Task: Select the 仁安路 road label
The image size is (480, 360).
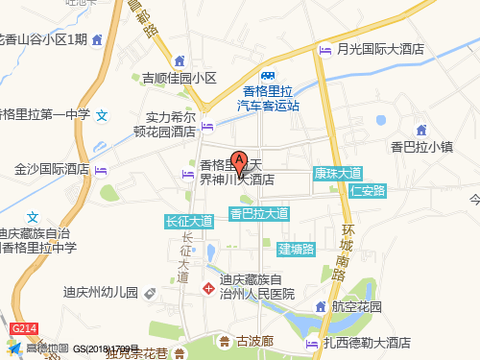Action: [368, 190]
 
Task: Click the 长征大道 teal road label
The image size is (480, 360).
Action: [189, 221]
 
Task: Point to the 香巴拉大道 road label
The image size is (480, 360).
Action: [259, 212]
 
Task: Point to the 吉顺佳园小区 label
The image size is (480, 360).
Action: [180, 78]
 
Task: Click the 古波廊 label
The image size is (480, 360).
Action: [255, 341]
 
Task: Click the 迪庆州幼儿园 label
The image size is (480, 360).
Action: [101, 292]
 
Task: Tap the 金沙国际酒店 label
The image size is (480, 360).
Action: [52, 169]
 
